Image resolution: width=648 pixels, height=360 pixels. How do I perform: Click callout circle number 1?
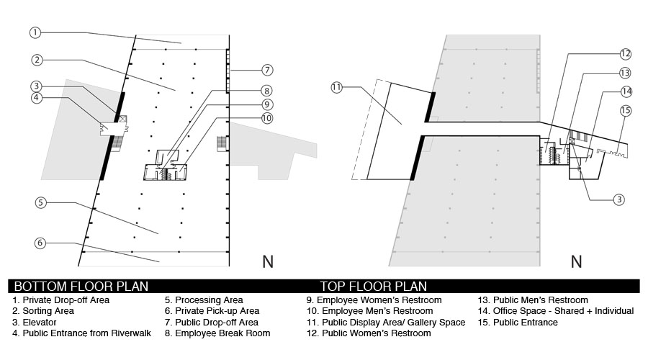point(35,32)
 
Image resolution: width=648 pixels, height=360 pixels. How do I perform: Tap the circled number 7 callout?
point(267,70)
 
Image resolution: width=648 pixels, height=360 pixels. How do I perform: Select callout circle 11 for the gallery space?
point(337,87)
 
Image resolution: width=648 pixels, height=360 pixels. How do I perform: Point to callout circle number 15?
point(626,110)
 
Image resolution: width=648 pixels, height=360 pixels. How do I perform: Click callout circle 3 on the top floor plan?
point(618,199)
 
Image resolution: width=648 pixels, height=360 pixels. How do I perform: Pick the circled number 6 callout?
point(40,243)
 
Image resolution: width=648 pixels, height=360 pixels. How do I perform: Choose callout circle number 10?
point(267,118)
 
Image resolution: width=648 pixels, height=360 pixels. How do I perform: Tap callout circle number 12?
point(625,54)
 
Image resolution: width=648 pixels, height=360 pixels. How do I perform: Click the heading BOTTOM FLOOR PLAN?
point(81,286)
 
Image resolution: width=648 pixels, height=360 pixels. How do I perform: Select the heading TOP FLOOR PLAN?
point(373,286)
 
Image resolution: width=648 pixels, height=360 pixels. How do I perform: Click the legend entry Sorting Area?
point(43,311)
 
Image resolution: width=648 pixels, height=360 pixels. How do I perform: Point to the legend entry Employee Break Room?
point(217,333)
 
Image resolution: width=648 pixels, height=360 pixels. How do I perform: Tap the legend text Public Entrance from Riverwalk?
point(82,333)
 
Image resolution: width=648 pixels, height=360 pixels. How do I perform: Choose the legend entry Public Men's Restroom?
point(533,300)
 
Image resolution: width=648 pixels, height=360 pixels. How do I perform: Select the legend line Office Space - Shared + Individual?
point(556,311)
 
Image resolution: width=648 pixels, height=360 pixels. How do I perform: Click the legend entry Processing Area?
point(204,300)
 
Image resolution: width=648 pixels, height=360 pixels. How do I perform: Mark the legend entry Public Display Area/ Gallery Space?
point(386,323)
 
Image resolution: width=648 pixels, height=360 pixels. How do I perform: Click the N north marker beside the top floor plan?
point(577,261)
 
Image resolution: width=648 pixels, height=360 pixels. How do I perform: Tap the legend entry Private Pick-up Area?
point(212,311)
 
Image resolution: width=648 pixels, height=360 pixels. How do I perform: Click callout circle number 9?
point(266,104)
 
